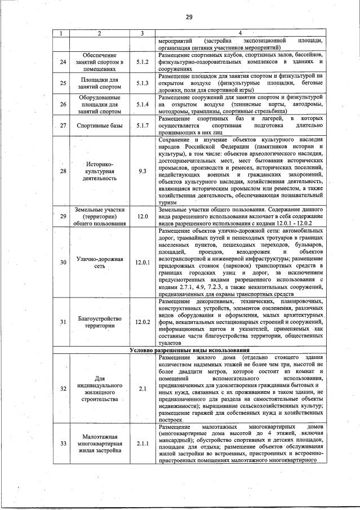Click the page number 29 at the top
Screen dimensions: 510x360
pos(189,17)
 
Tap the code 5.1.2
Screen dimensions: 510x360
pos(142,61)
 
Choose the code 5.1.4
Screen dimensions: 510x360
pos(142,104)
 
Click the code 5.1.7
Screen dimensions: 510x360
pos(142,125)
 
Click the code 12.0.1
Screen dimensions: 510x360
pos(142,262)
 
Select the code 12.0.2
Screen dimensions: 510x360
pos(142,322)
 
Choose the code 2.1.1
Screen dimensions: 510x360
pos(142,443)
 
